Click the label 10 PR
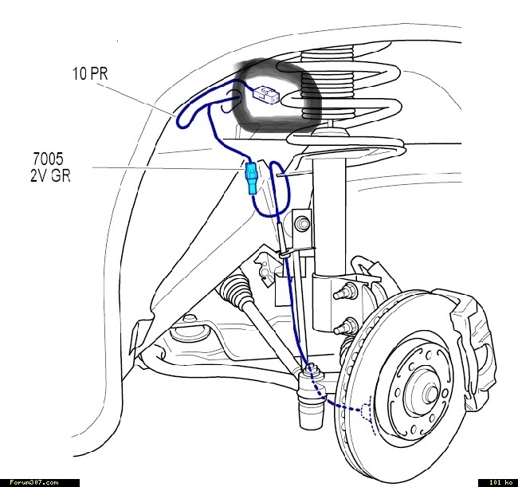tap(90, 73)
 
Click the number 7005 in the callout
tap(48, 159)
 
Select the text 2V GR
tap(50, 175)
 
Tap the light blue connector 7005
tap(251, 179)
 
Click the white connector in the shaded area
tap(266, 95)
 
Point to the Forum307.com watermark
tap(34, 483)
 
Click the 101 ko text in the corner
tap(500, 483)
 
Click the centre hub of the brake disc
tap(430, 393)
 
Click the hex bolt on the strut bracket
tap(302, 224)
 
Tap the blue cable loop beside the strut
tap(273, 189)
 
